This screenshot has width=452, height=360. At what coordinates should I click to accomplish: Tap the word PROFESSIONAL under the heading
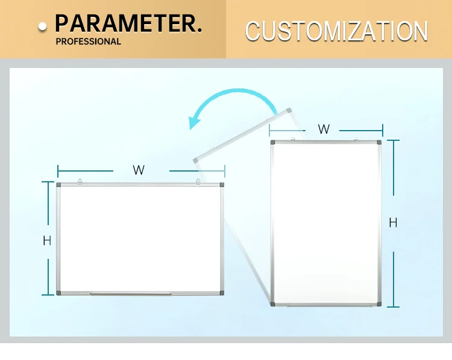click(89, 42)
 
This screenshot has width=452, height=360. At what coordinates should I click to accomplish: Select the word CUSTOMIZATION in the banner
click(336, 31)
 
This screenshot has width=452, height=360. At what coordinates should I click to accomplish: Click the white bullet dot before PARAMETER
click(42, 26)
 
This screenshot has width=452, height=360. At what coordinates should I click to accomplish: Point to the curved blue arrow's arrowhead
click(194, 122)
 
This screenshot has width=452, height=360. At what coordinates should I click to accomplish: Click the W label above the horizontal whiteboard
click(139, 170)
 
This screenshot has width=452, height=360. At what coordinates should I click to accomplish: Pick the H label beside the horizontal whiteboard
click(47, 241)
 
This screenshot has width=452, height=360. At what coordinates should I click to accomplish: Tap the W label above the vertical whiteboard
click(324, 129)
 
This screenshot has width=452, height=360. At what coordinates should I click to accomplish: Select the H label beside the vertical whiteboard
click(393, 223)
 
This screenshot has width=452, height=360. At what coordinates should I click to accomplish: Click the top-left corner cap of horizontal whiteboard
click(59, 185)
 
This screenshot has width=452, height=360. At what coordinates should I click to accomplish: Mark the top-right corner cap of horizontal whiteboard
click(221, 185)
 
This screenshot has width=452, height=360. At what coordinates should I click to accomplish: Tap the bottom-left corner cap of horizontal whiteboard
click(59, 293)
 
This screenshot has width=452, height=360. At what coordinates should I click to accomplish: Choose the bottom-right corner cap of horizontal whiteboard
click(221, 293)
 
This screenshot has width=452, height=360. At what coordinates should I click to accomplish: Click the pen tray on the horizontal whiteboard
click(130, 294)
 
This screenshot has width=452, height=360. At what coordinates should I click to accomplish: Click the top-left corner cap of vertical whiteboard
click(273, 143)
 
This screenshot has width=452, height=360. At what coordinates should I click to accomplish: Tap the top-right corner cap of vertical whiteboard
click(379, 143)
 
